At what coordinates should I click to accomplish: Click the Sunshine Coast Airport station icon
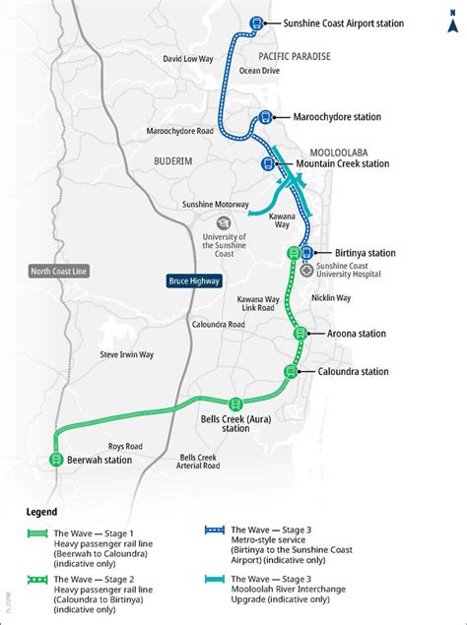click(257, 23)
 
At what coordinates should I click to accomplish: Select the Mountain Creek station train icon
click(267, 163)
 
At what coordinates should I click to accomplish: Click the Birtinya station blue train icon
click(307, 253)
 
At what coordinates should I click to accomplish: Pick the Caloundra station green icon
click(291, 371)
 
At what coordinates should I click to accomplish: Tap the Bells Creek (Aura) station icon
click(234, 402)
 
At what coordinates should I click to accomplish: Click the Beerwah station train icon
click(55, 460)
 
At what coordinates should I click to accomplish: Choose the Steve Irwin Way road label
click(127, 353)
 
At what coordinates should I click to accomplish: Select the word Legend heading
click(41, 512)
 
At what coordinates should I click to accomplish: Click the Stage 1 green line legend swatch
click(36, 534)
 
